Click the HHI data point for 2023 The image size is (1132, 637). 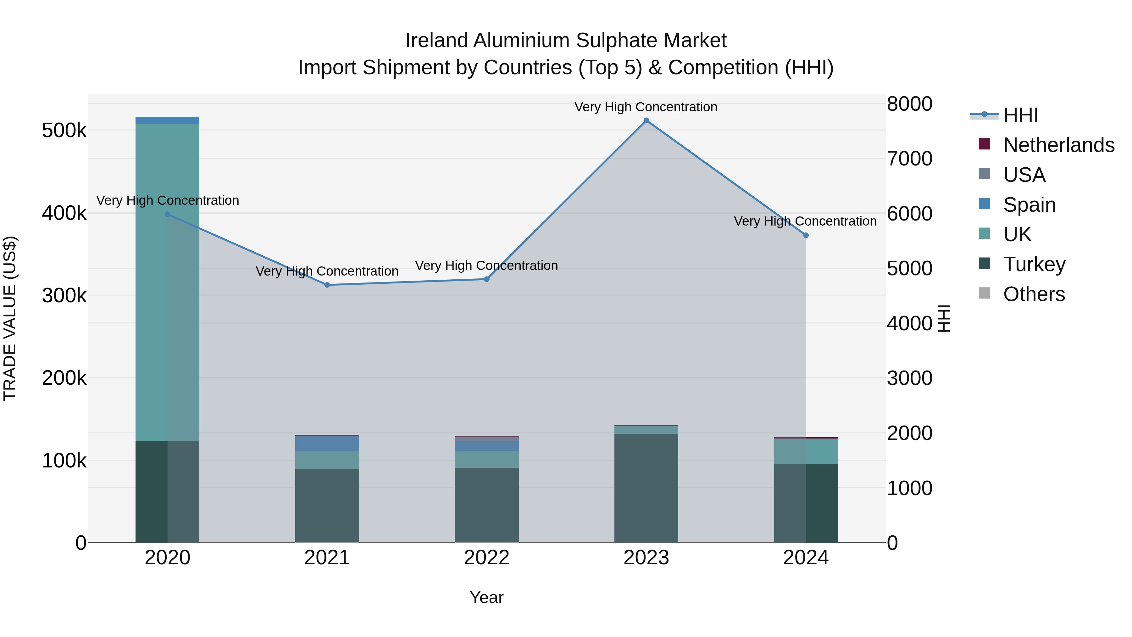(x=646, y=120)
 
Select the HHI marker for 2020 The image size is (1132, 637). (x=167, y=215)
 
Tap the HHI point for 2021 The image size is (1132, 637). (x=327, y=285)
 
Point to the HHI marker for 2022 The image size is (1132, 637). (x=486, y=279)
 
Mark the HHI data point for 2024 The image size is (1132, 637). (x=806, y=235)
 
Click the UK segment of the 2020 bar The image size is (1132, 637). (x=167, y=281)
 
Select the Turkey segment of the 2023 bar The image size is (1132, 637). (x=646, y=488)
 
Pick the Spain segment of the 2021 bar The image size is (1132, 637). (x=327, y=443)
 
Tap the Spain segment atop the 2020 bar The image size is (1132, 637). (x=167, y=120)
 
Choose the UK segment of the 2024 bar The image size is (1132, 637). (x=806, y=451)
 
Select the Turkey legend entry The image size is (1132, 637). (x=1034, y=264)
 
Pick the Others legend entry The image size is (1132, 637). (x=1034, y=294)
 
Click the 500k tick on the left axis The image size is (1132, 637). (x=64, y=131)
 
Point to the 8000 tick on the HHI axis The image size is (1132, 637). (x=909, y=104)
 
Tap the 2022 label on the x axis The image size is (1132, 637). (x=486, y=558)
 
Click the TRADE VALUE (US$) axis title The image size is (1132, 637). (x=10, y=319)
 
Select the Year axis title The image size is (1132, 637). (x=486, y=597)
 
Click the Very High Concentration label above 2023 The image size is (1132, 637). (x=646, y=107)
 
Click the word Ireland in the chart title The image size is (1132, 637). (x=436, y=41)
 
